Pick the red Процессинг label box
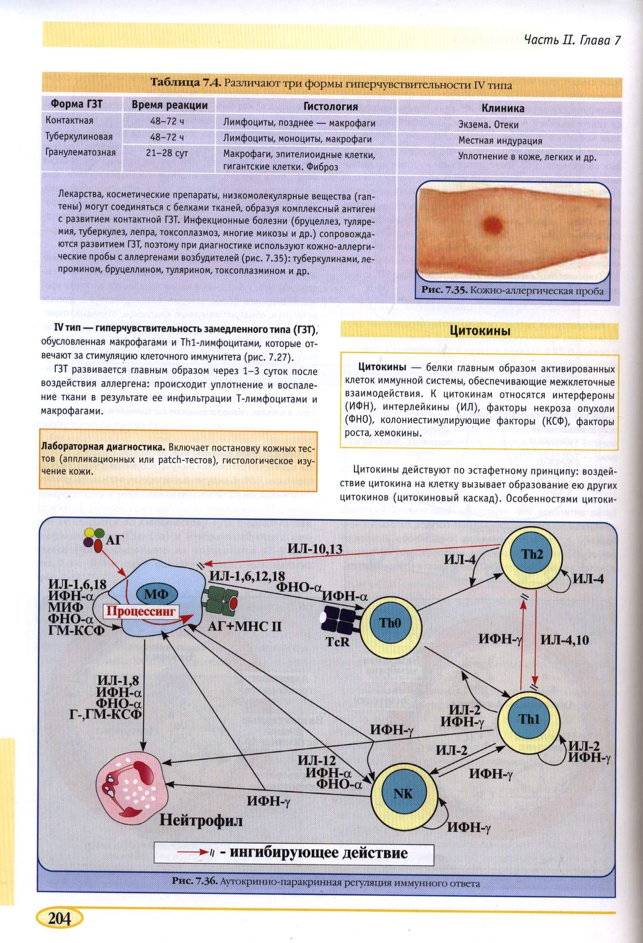pos(141,612)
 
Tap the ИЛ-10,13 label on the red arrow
pos(315,549)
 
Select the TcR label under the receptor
pos(338,642)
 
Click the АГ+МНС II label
pos(244,626)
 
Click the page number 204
pos(60,918)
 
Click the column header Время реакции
pos(169,105)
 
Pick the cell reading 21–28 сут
pos(167,153)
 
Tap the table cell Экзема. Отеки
pos(488,124)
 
